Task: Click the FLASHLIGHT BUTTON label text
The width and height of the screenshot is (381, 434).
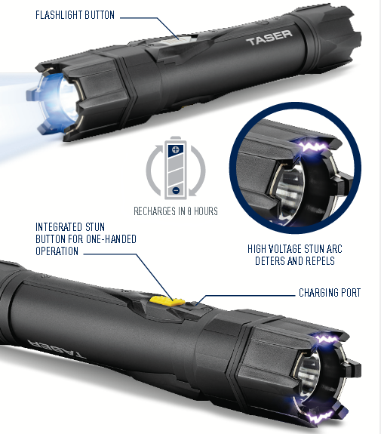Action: click(x=76, y=15)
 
